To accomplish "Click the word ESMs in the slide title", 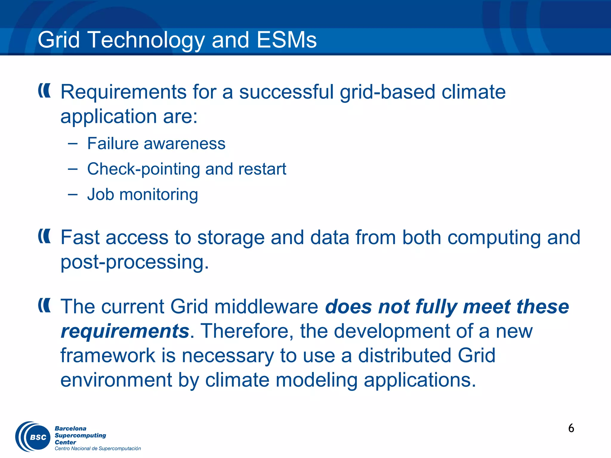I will (x=286, y=40).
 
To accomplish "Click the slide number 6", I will (x=571, y=428).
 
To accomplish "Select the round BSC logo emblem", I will (x=33, y=437).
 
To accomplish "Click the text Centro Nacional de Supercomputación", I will (x=98, y=448).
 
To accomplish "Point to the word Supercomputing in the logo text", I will (x=80, y=435).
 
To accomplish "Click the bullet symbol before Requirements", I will (x=44, y=91).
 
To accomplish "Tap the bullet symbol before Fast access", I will (x=44, y=236).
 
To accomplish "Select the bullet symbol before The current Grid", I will (x=44, y=305).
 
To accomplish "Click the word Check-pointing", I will (x=144, y=169).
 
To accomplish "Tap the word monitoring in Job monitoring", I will (x=158, y=195).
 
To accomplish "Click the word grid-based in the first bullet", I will (x=387, y=92).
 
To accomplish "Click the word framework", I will (x=108, y=356).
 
